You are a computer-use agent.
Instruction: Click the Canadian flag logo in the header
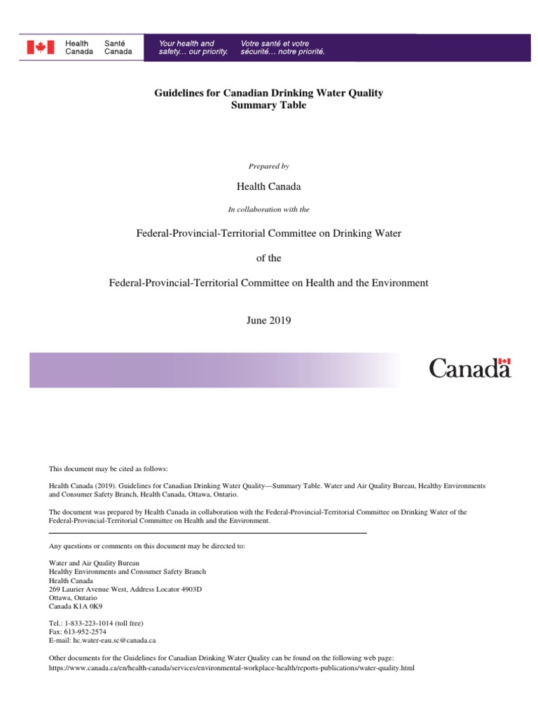(40, 47)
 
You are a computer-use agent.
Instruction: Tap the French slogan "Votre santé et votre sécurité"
(282, 48)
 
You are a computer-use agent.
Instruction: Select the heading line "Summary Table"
(268, 106)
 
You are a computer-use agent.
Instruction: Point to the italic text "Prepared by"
(268, 166)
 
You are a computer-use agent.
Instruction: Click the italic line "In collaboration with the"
(268, 209)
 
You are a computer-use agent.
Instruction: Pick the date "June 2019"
(268, 321)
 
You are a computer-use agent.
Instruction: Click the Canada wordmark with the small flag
(469, 368)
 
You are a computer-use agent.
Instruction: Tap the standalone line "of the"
(268, 258)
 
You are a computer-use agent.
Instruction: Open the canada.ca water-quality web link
(231, 668)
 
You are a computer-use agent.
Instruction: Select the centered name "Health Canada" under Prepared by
(268, 187)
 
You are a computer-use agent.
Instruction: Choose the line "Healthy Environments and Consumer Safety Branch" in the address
(127, 572)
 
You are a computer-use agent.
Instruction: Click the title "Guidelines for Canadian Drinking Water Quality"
(268, 93)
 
